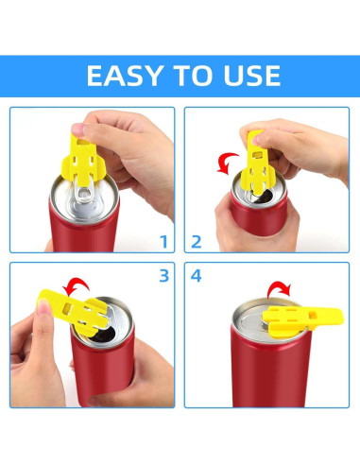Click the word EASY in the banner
click(125, 76)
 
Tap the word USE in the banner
click(251, 76)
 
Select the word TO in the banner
click(193, 76)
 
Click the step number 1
click(163, 242)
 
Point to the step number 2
click(197, 242)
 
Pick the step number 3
click(164, 276)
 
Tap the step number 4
click(196, 276)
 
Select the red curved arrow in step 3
click(75, 283)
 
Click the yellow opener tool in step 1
click(82, 160)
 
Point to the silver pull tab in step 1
click(84, 196)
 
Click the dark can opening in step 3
click(102, 336)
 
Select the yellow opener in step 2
click(257, 163)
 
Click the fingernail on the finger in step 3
click(43, 306)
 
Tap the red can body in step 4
click(271, 370)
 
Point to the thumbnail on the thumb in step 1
click(77, 129)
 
